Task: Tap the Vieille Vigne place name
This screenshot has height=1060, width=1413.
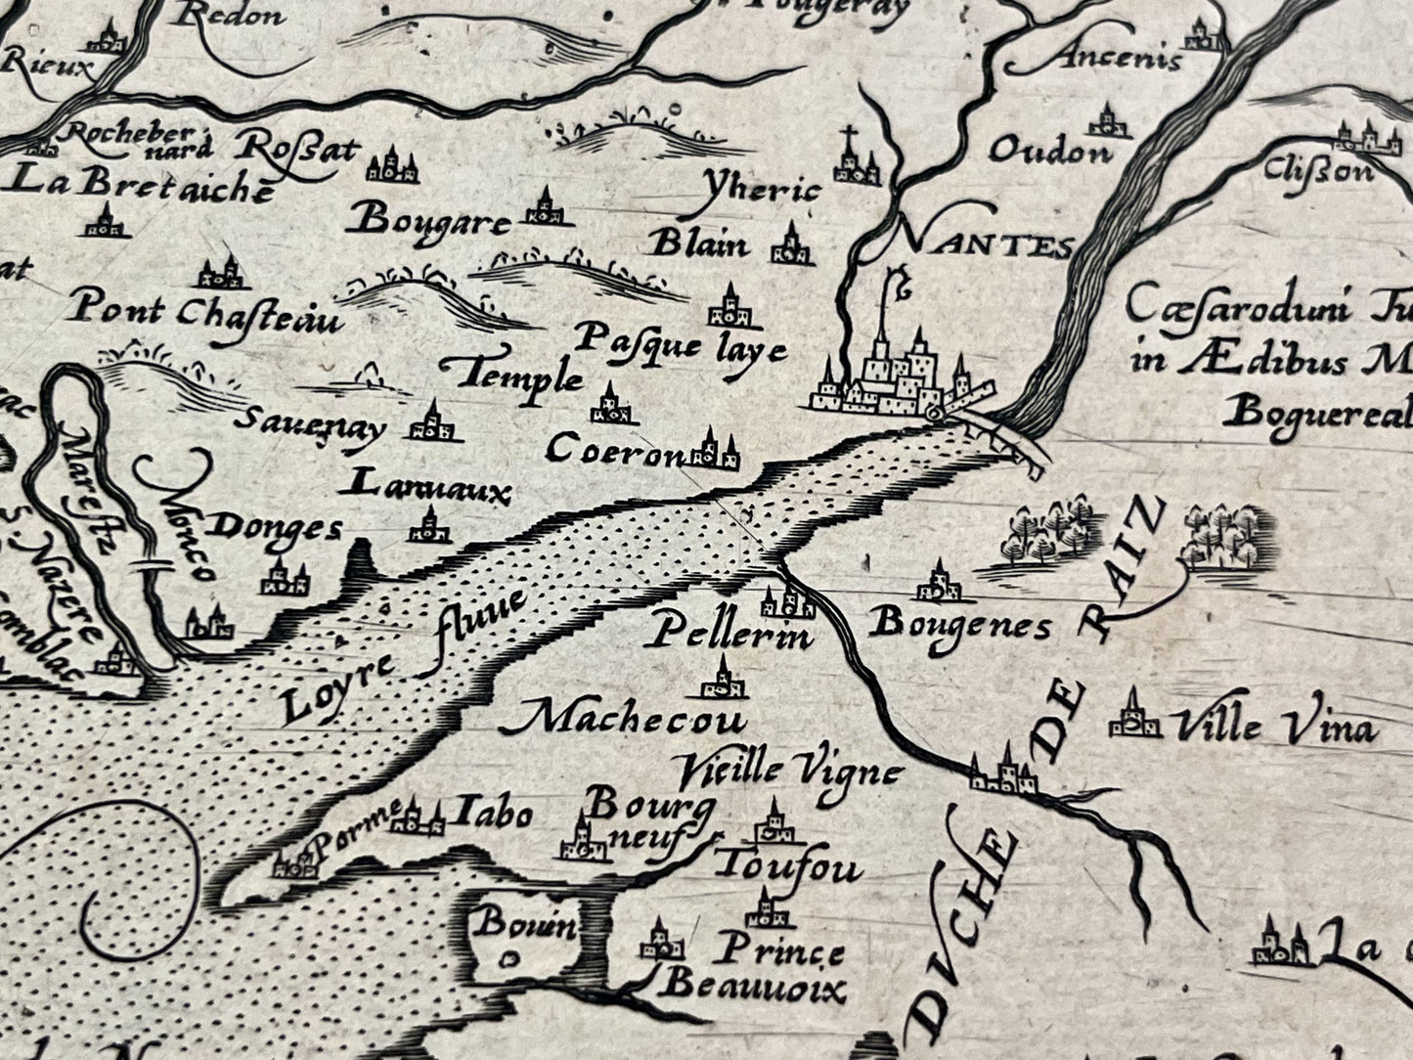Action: click(787, 773)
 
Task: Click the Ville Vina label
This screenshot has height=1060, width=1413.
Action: click(1275, 729)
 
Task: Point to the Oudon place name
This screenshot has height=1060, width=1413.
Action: click(1050, 152)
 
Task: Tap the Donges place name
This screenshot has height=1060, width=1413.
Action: click(277, 528)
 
